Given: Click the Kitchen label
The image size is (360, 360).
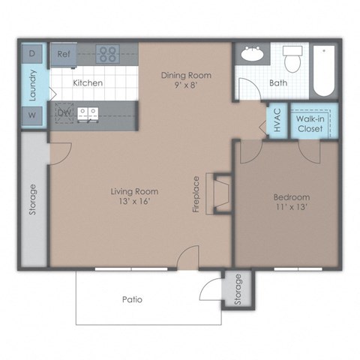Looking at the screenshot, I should click(x=88, y=83).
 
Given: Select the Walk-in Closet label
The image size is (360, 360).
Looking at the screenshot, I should click(x=309, y=124).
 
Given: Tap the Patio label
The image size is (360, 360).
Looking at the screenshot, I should click(x=132, y=299).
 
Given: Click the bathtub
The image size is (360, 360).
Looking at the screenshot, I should click(x=324, y=71).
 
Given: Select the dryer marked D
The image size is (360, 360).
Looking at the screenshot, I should click(x=32, y=54).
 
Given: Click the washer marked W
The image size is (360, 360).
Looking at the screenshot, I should click(x=32, y=115).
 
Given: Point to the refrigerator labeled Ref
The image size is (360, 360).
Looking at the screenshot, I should click(x=64, y=54).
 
